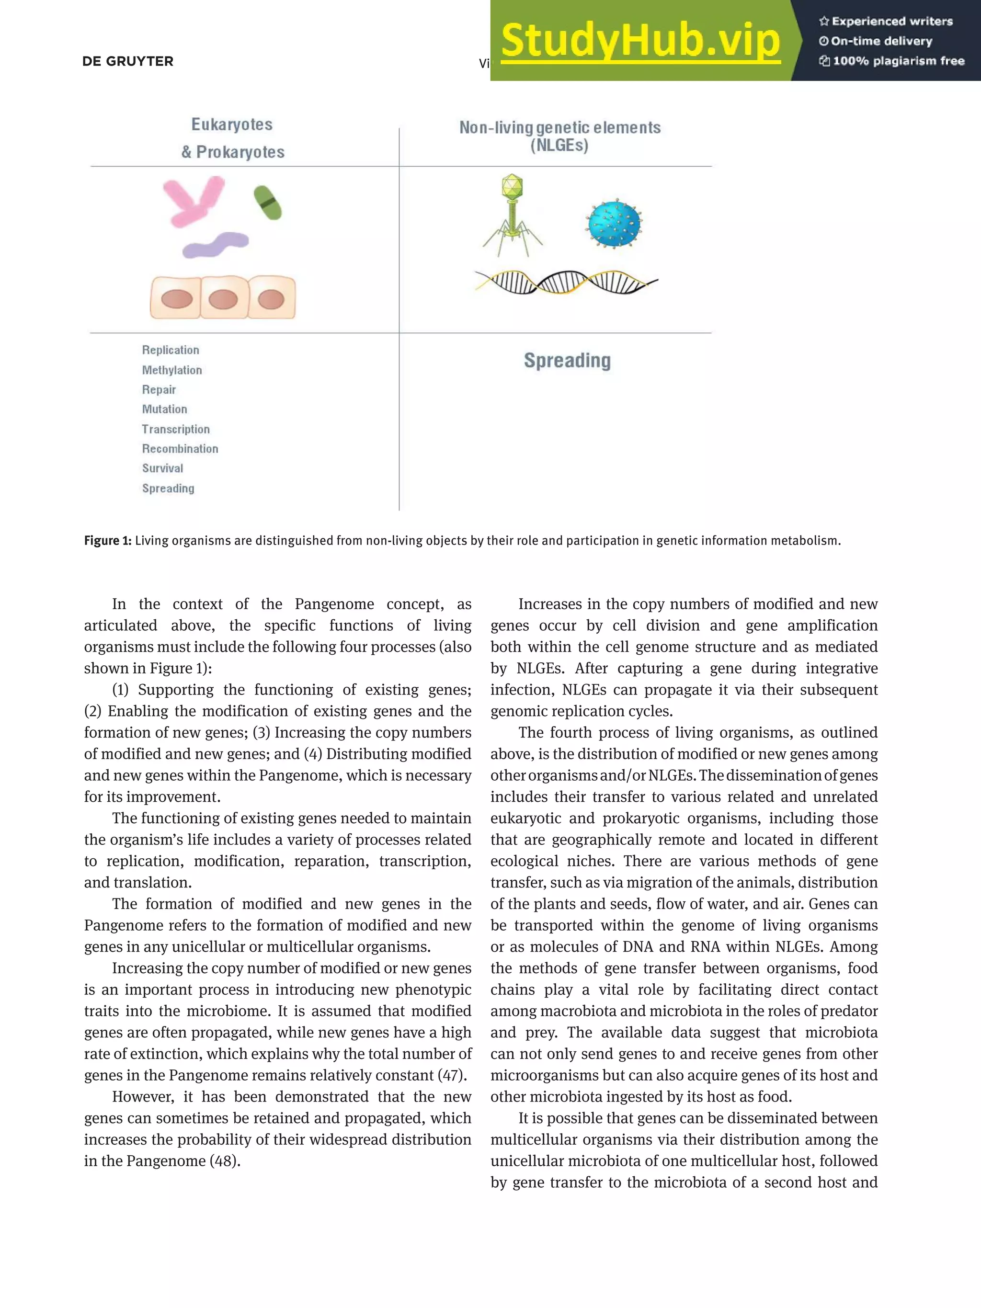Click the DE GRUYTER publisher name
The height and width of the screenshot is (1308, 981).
128,61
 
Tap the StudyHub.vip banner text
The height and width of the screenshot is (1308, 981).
640,41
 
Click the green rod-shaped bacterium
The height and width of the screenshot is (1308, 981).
268,203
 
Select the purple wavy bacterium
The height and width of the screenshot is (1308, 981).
215,244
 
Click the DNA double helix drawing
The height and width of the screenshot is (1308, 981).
566,282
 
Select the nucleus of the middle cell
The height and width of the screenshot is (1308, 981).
223,299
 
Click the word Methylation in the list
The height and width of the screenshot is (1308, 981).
171,370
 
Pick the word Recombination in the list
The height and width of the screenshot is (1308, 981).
180,449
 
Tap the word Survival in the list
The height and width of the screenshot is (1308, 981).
162,468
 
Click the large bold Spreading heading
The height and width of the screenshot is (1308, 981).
567,360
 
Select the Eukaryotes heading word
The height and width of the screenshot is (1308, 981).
232,125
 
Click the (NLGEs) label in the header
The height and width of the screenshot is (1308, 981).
559,146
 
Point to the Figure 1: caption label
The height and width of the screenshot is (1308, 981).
108,540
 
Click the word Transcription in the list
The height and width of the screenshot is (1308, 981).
176,429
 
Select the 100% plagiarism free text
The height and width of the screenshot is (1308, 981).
898,61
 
